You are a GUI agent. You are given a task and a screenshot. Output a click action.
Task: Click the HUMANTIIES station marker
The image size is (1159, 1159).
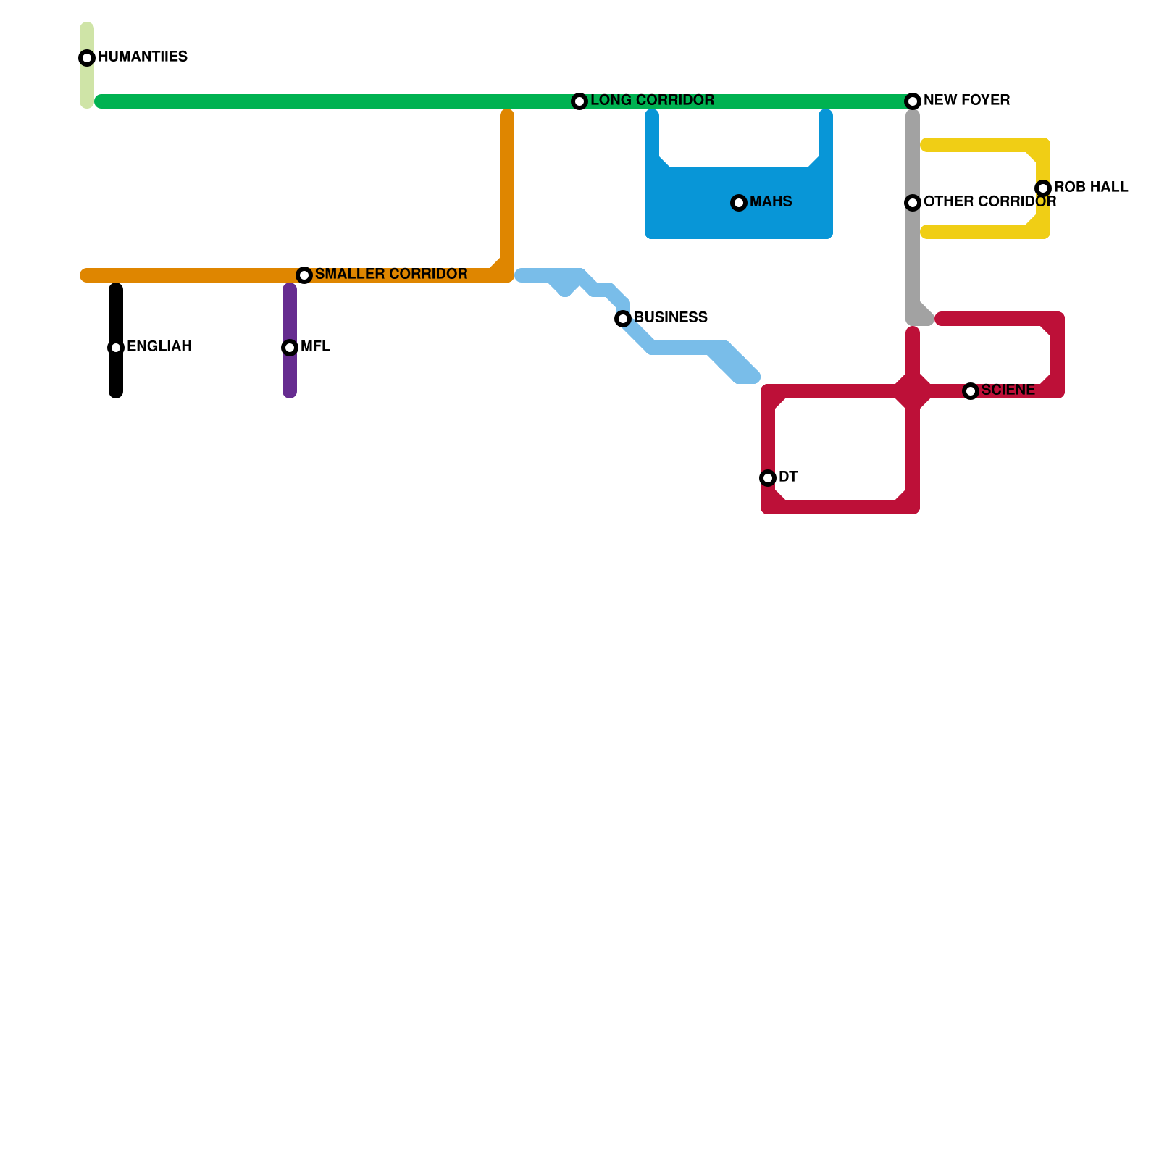point(87,58)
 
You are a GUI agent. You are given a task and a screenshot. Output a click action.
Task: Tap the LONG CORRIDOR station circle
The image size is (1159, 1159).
point(579,101)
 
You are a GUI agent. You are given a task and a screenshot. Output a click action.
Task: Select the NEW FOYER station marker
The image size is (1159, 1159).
point(913,101)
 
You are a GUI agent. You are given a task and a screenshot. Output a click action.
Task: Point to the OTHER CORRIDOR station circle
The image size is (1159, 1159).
point(913,203)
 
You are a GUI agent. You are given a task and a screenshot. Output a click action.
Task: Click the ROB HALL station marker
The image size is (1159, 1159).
point(1043,188)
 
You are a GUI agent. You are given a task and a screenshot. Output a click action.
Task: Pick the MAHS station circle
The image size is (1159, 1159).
point(739,203)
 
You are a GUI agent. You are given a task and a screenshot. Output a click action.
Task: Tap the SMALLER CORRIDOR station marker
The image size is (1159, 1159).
point(304,275)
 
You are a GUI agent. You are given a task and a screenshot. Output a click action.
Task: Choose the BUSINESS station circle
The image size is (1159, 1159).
point(623,319)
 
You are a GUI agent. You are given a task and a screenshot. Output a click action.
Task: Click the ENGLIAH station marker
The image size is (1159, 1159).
point(116,348)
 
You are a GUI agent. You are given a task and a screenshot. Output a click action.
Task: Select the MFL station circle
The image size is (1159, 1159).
point(290,348)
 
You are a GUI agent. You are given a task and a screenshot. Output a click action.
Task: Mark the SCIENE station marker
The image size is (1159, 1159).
point(971,391)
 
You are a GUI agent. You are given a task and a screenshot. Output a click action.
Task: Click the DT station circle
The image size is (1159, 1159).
point(768,478)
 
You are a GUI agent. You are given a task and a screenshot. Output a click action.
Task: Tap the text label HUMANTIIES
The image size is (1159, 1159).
point(143,57)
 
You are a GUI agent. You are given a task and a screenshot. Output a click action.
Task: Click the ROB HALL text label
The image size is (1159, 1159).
point(1091,187)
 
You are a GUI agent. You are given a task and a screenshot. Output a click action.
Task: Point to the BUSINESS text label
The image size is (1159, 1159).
point(671,317)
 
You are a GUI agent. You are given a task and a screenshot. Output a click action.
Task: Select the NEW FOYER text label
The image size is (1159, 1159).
point(966,100)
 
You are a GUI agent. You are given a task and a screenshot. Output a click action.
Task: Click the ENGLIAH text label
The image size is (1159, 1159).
point(159,346)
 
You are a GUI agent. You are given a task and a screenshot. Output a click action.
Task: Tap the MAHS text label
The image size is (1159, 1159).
point(771,201)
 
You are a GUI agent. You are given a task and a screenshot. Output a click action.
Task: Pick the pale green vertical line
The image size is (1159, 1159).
point(87,83)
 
